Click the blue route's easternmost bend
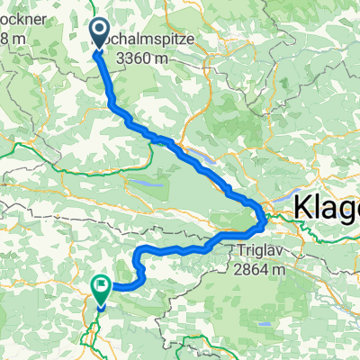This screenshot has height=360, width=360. [x=264, y=216]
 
